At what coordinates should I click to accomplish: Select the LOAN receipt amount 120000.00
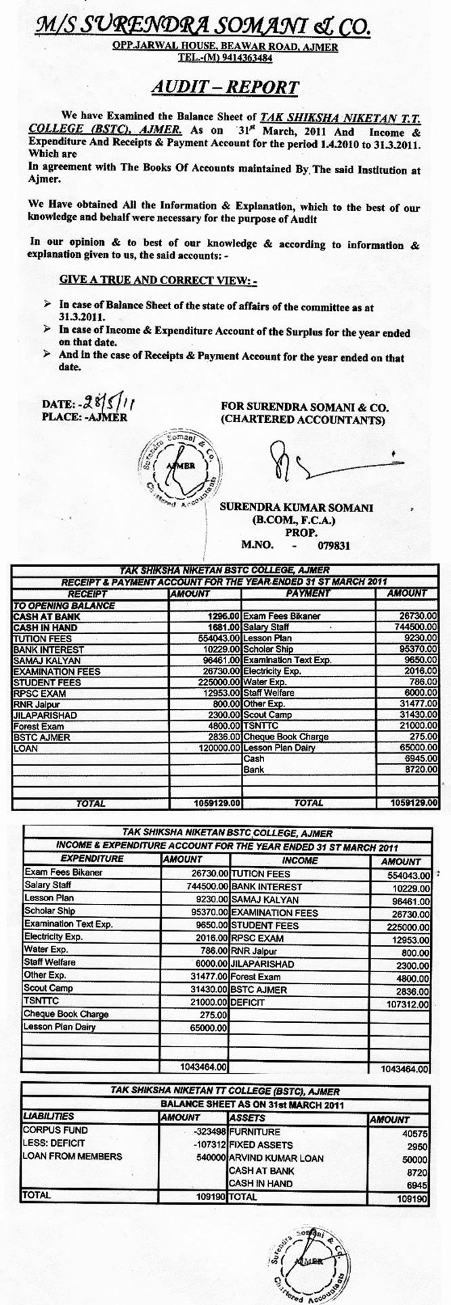[216, 748]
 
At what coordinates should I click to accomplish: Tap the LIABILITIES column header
[48, 1116]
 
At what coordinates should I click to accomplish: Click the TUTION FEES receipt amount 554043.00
[216, 638]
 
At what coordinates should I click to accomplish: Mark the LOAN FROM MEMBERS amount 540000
[207, 1158]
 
